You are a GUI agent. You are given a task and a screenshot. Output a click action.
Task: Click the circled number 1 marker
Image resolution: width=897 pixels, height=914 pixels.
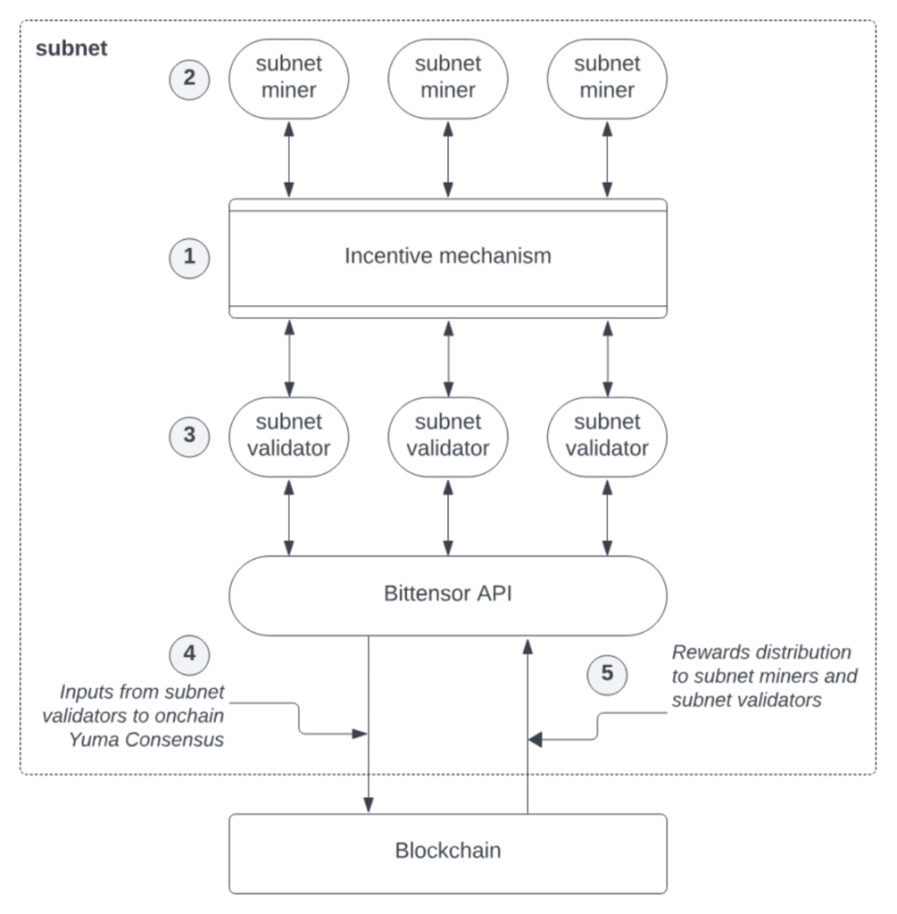189,257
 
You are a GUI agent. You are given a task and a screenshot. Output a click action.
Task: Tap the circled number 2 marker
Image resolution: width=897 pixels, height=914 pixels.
189,78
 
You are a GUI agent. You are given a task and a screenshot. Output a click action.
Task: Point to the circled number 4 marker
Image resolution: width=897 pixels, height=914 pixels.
189,655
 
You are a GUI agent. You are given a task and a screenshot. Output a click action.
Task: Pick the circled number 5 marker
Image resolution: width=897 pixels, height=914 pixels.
607,674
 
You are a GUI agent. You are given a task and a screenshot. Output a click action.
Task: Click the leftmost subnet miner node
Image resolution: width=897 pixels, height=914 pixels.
289,78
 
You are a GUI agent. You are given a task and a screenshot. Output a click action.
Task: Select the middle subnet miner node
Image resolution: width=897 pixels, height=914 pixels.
448,78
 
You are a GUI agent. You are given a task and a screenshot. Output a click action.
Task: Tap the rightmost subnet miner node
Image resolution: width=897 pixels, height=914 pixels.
607,78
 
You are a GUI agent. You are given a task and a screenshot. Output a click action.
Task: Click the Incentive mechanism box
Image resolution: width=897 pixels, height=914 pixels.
448,258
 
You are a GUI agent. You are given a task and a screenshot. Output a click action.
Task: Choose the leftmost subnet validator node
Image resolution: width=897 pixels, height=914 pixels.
289,436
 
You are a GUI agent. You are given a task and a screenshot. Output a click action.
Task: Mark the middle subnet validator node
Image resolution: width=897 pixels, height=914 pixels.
448,436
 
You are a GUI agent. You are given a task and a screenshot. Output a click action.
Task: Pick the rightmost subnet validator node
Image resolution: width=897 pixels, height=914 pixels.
607,436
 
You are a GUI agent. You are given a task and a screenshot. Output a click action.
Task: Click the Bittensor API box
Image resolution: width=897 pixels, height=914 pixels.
448,595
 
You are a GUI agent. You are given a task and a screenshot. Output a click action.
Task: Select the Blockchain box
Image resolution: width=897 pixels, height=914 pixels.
448,853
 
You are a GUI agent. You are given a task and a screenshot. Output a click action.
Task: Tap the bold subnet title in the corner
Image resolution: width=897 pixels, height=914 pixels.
71,48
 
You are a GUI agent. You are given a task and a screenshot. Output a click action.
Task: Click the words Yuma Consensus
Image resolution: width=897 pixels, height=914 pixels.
147,740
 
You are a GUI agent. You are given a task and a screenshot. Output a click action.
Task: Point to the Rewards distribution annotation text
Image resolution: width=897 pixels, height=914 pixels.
764,676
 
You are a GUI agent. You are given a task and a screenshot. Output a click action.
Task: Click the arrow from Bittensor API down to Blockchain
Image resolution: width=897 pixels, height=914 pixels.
368,725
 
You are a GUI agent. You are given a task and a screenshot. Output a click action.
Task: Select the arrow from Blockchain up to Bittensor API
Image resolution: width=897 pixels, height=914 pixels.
528,726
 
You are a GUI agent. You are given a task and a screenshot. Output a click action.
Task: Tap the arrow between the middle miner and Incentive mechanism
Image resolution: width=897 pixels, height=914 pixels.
448,160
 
